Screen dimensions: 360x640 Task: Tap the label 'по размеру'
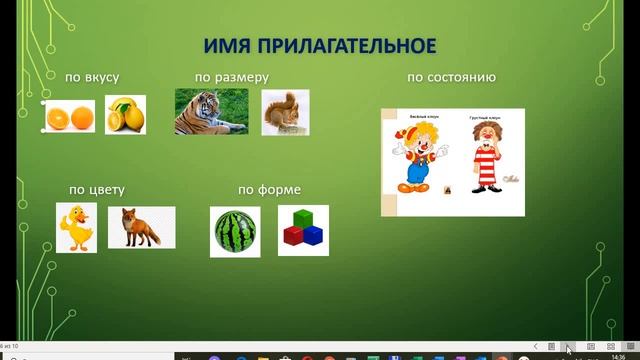[231, 78]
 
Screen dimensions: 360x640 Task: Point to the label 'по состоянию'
[451, 77]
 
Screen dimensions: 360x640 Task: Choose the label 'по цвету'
[96, 189]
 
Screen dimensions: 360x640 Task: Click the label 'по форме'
[269, 190]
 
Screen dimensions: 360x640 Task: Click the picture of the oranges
[69, 117]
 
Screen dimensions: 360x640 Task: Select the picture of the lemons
[125, 115]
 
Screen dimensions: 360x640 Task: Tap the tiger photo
[211, 112]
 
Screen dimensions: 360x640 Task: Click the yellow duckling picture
[76, 227]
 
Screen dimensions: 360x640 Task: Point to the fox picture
[141, 228]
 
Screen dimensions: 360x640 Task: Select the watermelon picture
[235, 232]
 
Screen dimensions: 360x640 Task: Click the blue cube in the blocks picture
[314, 236]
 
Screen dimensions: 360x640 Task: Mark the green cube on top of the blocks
[303, 219]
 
